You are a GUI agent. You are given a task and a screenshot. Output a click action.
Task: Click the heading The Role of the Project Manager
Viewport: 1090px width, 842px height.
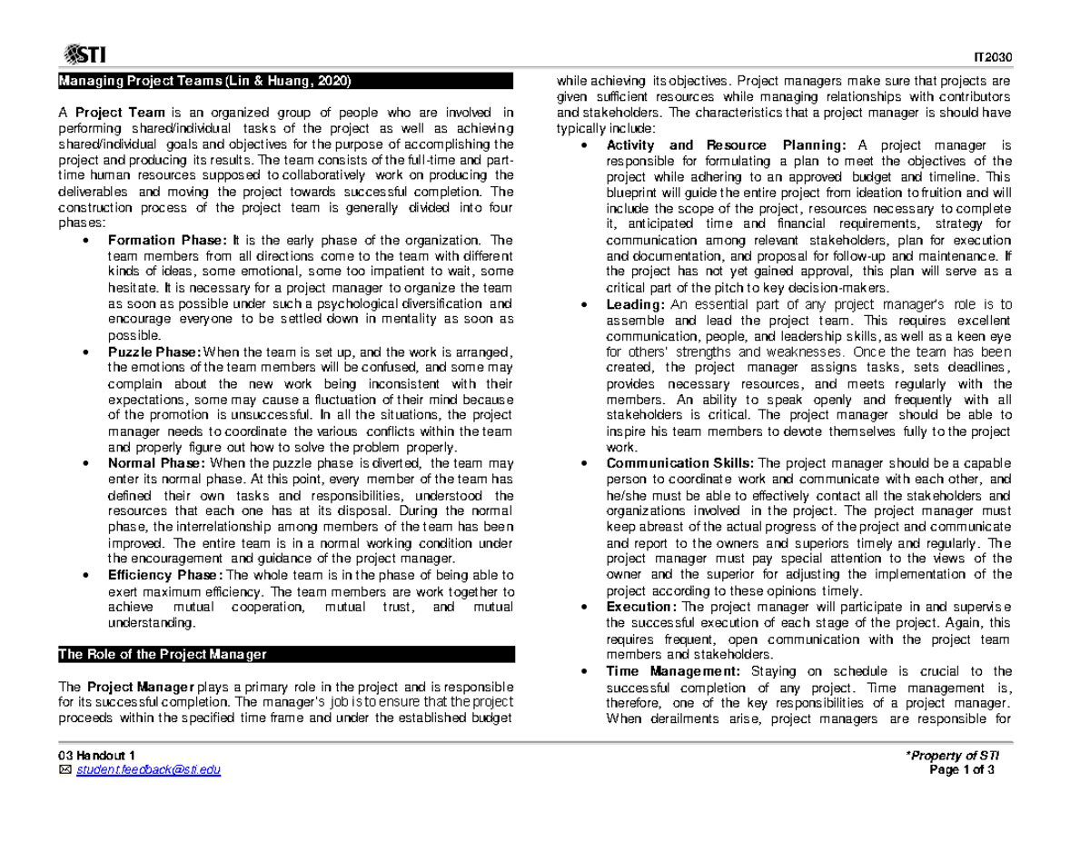tap(162, 654)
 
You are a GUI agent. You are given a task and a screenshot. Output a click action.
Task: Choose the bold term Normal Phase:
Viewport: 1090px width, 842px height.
tap(156, 463)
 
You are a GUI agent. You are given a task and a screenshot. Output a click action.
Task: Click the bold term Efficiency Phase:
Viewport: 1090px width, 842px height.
tap(165, 575)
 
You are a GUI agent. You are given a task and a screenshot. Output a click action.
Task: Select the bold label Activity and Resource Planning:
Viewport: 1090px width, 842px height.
tap(727, 145)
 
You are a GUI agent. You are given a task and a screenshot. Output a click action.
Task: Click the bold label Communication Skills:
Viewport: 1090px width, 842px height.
tap(680, 463)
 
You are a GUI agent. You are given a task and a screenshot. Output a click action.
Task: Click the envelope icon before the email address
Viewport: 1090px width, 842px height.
tap(63, 771)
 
